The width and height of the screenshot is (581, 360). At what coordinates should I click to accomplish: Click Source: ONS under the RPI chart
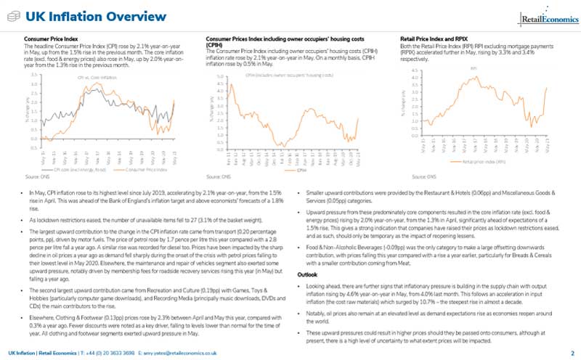pyautogui.click(x=423, y=176)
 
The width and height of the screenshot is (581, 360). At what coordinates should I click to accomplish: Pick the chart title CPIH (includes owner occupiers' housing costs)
pyautogui.click(x=289, y=75)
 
